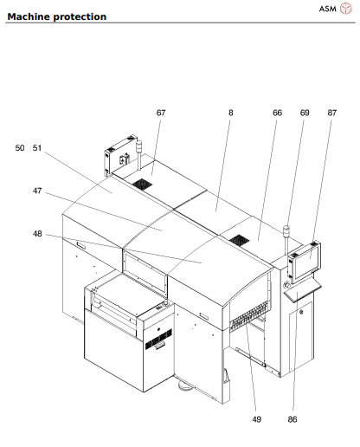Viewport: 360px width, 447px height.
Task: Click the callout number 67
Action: [160, 113]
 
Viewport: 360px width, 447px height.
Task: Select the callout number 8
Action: [231, 113]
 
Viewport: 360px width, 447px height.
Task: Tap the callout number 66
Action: [277, 113]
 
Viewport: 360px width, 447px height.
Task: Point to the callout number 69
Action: [305, 113]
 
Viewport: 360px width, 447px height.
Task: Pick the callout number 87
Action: [332, 113]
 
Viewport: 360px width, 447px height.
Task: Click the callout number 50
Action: [20, 148]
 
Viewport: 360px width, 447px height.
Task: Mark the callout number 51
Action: [37, 148]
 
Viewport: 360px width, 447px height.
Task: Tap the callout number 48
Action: [37, 233]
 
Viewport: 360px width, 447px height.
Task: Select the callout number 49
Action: [257, 419]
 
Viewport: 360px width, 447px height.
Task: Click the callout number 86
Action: [292, 419]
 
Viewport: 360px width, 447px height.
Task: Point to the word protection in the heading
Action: [81, 16]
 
